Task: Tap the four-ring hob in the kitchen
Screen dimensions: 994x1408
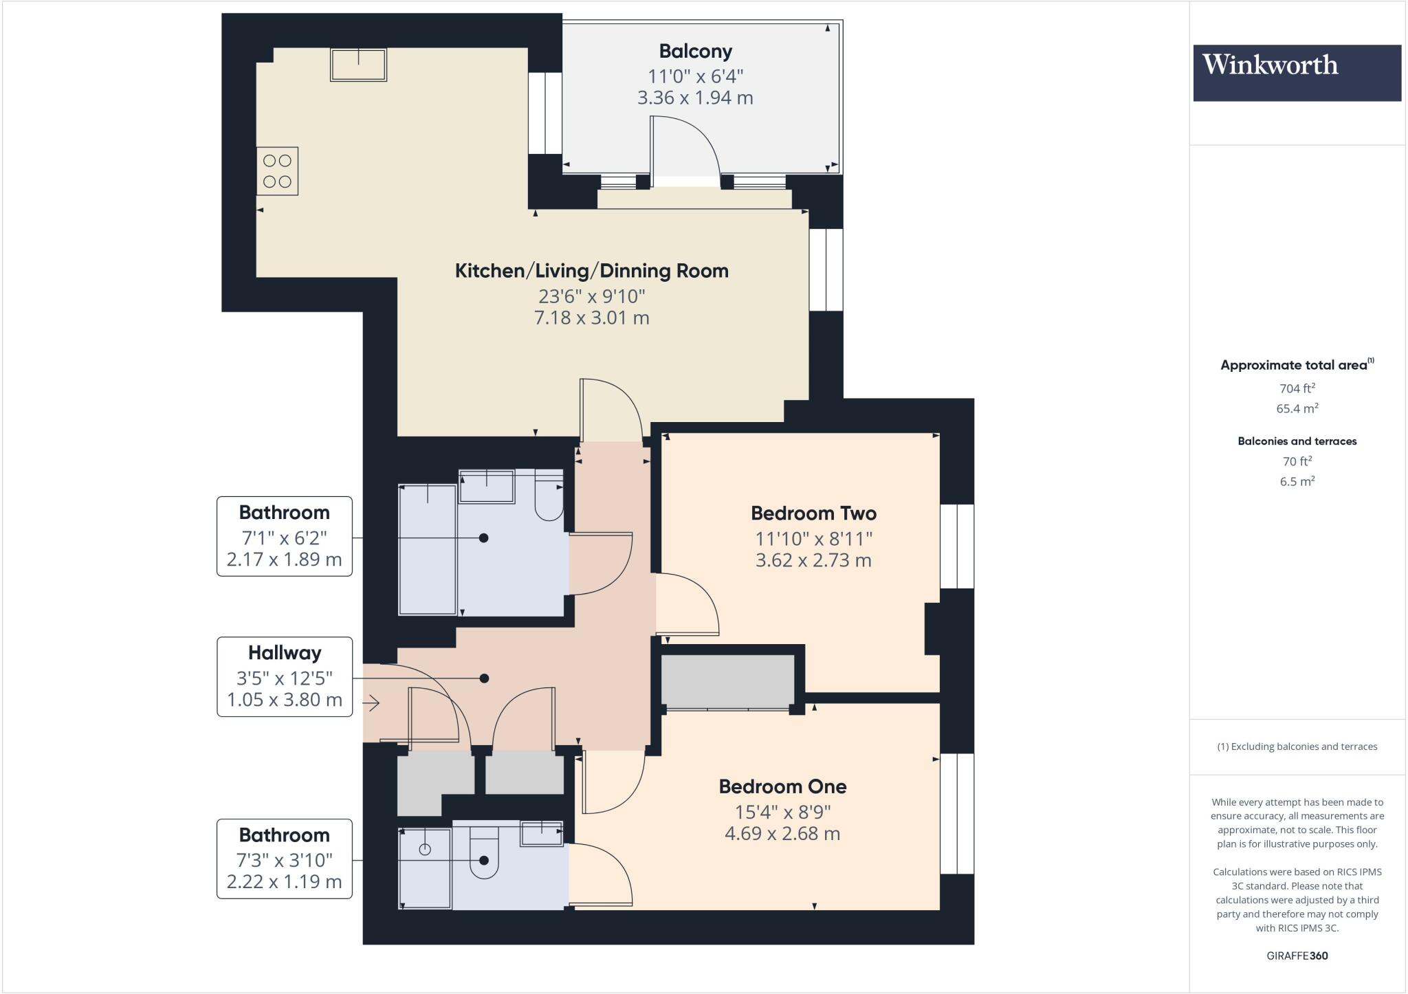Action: point(277,171)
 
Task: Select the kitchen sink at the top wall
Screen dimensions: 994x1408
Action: point(358,65)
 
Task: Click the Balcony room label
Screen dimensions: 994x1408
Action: point(695,52)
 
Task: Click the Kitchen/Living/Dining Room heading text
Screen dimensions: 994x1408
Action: point(591,271)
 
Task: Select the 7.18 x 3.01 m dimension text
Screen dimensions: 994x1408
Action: point(591,318)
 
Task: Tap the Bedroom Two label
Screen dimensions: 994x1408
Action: point(813,513)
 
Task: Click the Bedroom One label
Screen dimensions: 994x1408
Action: point(782,786)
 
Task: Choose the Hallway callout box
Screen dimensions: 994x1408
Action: point(285,676)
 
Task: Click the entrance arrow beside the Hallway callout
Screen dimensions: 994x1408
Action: point(371,703)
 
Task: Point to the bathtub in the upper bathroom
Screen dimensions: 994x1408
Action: point(428,550)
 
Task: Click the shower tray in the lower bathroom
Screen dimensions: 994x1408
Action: point(425,869)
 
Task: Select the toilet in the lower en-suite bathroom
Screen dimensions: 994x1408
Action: point(484,856)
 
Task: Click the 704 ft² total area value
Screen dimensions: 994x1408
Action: point(1297,388)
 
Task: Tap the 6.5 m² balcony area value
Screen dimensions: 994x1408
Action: point(1297,481)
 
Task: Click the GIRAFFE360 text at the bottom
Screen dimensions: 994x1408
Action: point(1297,956)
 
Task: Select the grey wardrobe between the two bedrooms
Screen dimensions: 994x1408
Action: point(727,681)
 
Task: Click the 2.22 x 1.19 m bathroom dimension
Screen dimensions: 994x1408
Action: point(284,882)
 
